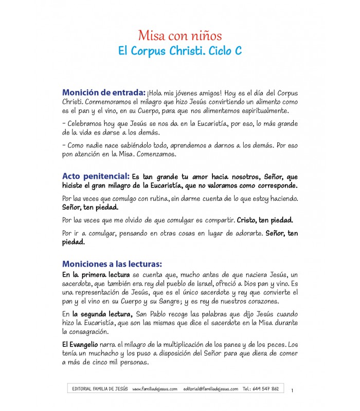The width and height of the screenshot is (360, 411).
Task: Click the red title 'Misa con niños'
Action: (180, 36)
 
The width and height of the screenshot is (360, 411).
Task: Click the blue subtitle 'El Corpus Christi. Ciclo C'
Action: (180, 52)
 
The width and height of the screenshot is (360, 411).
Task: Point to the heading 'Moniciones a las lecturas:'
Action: (112, 264)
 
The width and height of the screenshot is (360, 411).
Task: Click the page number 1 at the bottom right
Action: (292, 391)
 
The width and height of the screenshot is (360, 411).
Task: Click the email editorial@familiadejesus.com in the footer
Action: (210, 389)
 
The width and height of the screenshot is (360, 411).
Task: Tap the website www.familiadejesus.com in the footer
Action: (155, 389)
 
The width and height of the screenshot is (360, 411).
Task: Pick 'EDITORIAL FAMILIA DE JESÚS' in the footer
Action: (100, 389)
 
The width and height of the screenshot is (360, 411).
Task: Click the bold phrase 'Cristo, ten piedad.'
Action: (265, 220)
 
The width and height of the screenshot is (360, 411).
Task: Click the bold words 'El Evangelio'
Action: (80, 343)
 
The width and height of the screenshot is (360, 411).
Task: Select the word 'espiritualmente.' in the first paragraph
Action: (267, 110)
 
